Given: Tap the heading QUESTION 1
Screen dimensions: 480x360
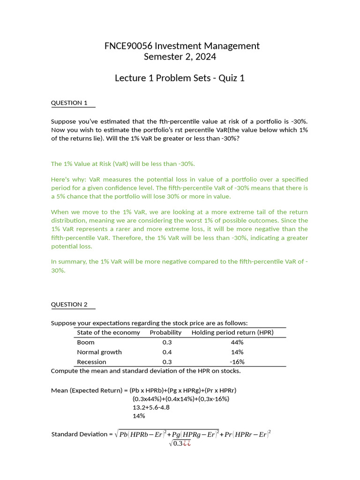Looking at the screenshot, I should point(69,103).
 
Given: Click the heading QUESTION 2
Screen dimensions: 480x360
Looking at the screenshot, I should point(69,304).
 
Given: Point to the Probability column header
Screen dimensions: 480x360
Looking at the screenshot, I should point(165,332).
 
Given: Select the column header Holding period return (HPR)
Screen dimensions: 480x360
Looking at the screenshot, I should point(232,332).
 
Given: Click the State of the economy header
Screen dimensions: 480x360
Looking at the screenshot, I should point(108,332).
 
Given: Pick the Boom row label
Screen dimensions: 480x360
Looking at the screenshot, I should point(86,342).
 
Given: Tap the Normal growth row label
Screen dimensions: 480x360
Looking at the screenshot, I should point(99,352).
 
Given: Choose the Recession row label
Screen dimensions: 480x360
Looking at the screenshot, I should point(91,362).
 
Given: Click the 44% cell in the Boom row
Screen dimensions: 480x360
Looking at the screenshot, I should point(237,342).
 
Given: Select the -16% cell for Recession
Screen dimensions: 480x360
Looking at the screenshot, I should point(237,362).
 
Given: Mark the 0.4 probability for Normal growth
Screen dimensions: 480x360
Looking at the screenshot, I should point(167,352).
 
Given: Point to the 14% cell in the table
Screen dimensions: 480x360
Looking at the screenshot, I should point(237,352).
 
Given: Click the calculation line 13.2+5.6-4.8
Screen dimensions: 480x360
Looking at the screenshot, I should point(151,407).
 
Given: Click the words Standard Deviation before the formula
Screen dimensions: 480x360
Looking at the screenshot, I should point(79,434).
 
